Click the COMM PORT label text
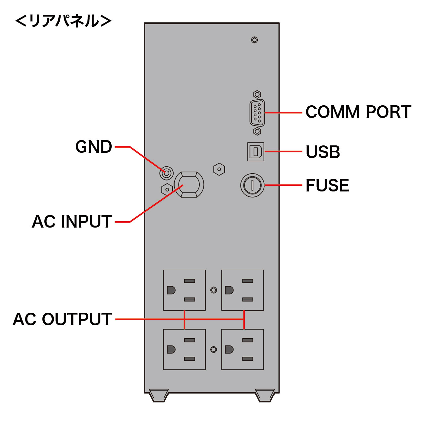coord(358,112)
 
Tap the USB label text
coord(323,152)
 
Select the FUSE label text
coord(327,185)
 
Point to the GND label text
coord(94,147)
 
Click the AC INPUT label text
coord(72,222)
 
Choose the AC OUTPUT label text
coord(62,319)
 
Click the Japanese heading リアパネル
coord(63,21)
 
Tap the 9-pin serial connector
coord(257,113)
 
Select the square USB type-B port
coord(256,152)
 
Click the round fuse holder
coord(252,185)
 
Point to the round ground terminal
coord(166,173)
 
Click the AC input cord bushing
coord(189,185)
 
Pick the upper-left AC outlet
coord(184,290)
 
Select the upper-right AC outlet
coord(242,290)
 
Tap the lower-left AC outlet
coord(184,349)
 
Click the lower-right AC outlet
coord(242,349)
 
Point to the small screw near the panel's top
coord(254,40)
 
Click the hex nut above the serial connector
coord(257,94)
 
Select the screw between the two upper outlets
coord(214,290)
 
